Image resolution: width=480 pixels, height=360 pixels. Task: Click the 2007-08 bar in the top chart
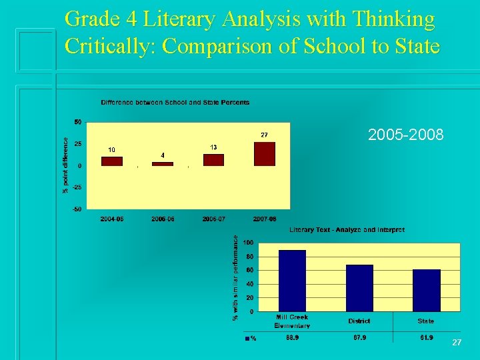coord(265,154)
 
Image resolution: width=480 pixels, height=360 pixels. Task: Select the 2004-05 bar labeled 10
coord(111,161)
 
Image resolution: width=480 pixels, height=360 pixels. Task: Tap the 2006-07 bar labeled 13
coord(213,160)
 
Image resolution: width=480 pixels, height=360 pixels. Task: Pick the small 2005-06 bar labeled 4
coord(163,164)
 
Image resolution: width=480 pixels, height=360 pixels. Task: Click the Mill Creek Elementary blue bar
coord(292,281)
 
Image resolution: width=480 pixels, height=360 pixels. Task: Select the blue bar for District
coord(359,288)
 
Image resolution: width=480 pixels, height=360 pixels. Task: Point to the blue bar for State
coord(427,290)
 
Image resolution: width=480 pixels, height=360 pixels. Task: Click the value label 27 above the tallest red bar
coord(264,135)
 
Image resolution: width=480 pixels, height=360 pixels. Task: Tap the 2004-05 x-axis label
coord(111,219)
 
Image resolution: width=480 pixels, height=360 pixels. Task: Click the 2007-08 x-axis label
coord(265,219)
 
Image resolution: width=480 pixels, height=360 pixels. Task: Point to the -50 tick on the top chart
coord(78,209)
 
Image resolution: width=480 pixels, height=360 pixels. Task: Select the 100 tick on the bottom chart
coord(248,242)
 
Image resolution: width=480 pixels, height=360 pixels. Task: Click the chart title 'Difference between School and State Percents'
coord(175,103)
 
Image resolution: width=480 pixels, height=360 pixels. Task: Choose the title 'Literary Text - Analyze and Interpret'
coord(347,230)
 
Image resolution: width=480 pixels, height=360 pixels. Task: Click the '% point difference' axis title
coord(65,165)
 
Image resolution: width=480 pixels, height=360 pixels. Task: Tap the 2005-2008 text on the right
coord(405,135)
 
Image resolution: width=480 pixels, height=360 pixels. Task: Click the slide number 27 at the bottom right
coord(457,342)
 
